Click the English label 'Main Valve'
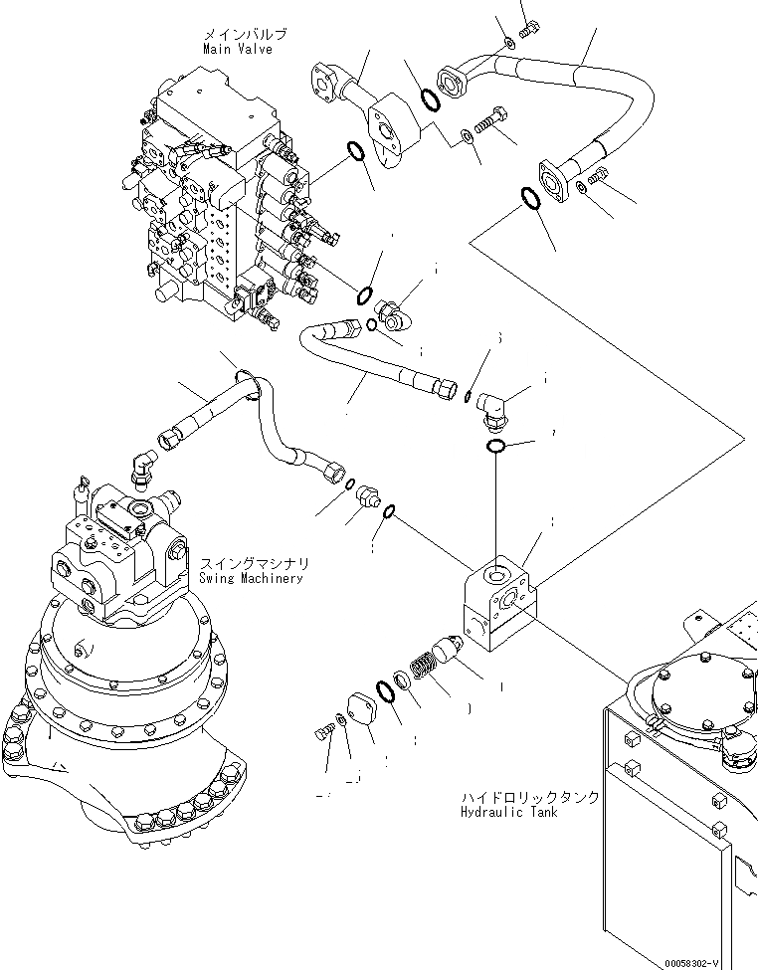tap(237, 48)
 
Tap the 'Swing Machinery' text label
tap(250, 578)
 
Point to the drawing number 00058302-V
tap(710, 962)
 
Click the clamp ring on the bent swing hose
tap(247, 381)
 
